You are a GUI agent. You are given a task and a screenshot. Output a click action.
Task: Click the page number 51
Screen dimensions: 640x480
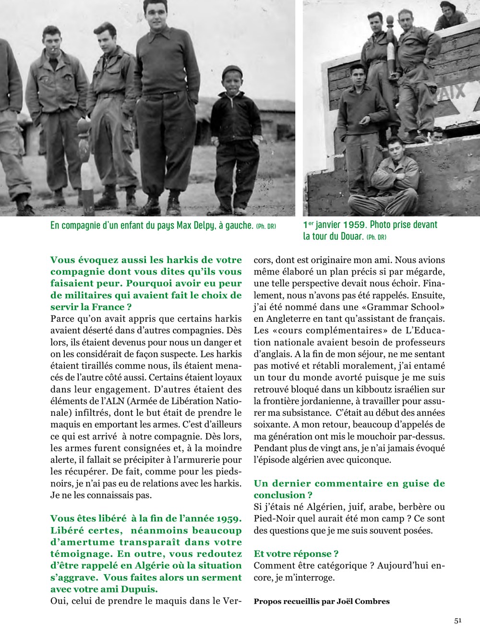[x=457, y=620]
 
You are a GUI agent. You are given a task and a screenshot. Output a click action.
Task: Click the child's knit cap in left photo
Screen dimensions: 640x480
[x=232, y=71]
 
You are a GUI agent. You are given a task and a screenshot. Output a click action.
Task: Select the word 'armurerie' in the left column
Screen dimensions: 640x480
[x=201, y=460]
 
